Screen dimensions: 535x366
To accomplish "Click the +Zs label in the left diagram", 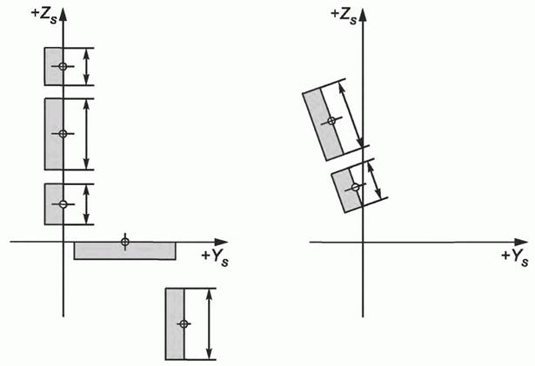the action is click(x=44, y=16).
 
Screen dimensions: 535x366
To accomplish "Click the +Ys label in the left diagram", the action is click(x=215, y=258).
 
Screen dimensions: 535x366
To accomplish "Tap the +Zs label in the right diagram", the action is click(x=344, y=16).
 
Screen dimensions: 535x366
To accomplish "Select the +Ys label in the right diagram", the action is click(x=515, y=258).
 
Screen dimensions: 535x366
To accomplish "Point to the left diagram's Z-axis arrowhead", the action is click(x=64, y=15).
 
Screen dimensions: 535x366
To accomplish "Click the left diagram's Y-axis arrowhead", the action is click(x=221, y=242).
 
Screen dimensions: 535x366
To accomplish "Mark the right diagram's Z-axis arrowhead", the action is click(x=363, y=15).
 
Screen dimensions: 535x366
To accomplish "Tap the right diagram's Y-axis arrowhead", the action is click(x=521, y=243).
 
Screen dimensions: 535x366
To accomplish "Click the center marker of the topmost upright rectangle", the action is click(x=63, y=66).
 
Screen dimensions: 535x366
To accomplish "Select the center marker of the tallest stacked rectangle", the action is click(x=63, y=134).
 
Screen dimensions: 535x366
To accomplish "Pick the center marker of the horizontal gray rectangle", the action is click(x=125, y=242).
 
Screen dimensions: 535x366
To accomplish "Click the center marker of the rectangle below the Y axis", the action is click(x=184, y=323).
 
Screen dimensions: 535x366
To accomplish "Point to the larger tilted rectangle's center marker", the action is click(x=331, y=121).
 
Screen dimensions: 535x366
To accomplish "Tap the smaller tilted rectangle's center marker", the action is click(x=356, y=187).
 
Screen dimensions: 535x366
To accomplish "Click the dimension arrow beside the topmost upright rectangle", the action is click(x=86, y=67).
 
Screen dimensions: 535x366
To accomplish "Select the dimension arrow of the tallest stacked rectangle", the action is click(x=86, y=134).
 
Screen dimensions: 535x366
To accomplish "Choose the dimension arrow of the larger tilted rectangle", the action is click(x=350, y=116).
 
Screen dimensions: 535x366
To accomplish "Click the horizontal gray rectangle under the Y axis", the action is click(x=125, y=250).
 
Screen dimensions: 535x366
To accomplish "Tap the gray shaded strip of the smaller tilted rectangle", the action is click(x=346, y=191).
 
